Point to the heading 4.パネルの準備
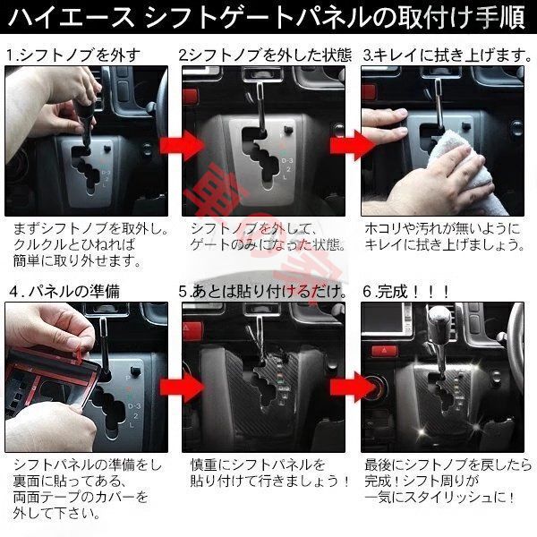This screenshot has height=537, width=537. [70, 291]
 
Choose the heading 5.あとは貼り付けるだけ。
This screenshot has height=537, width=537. [264, 291]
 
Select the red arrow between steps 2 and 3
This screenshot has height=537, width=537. [348, 143]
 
